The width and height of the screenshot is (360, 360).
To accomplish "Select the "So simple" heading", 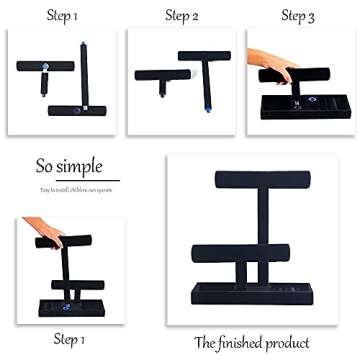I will [x=62, y=164].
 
